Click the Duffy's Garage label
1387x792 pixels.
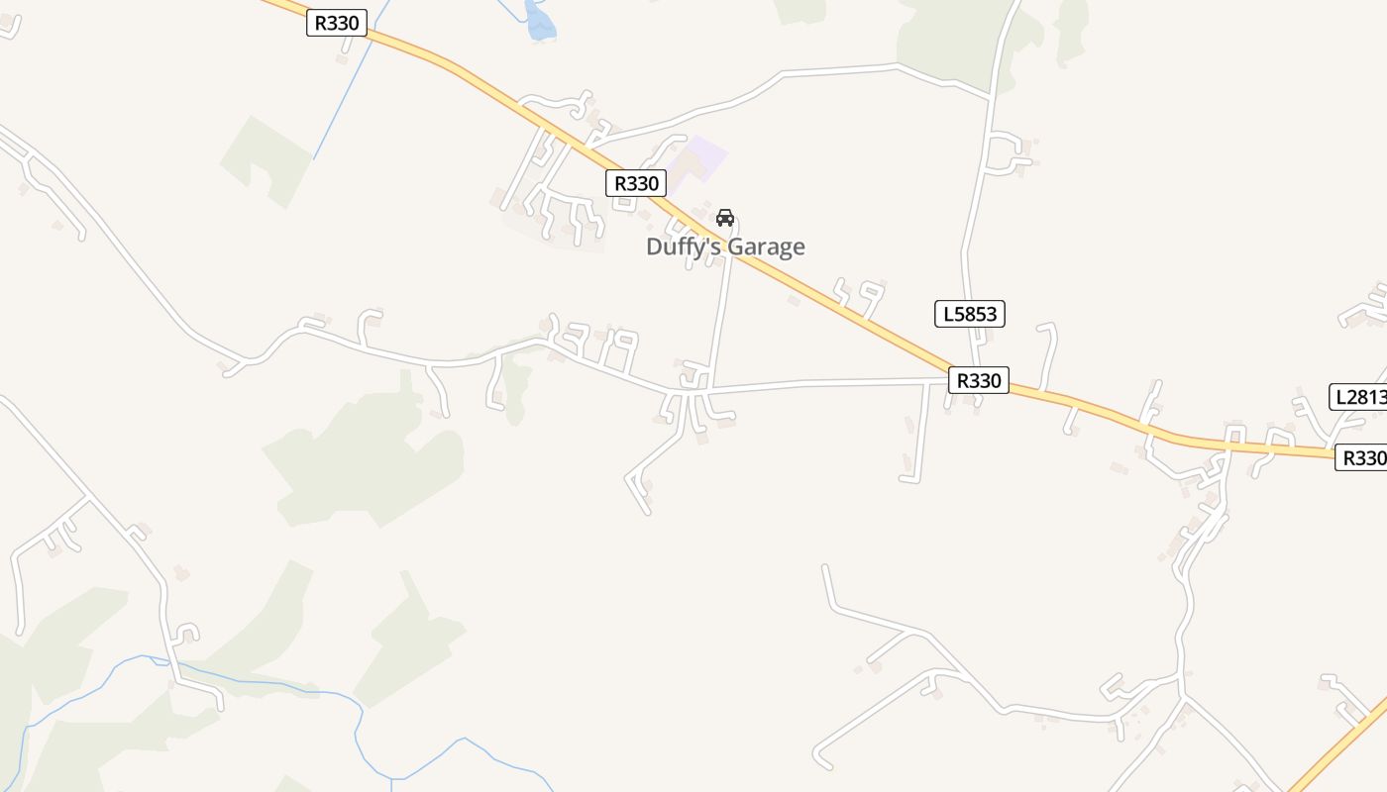click(x=725, y=247)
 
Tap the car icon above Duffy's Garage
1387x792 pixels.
click(x=725, y=218)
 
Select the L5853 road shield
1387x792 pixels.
click(x=970, y=315)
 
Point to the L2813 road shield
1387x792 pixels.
click(x=1358, y=397)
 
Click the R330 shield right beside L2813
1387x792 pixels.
click(x=1361, y=457)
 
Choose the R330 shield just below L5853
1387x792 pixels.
click(x=979, y=380)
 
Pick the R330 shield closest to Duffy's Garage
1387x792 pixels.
click(x=636, y=183)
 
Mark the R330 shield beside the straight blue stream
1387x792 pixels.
click(x=337, y=23)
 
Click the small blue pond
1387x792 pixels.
click(x=539, y=22)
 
